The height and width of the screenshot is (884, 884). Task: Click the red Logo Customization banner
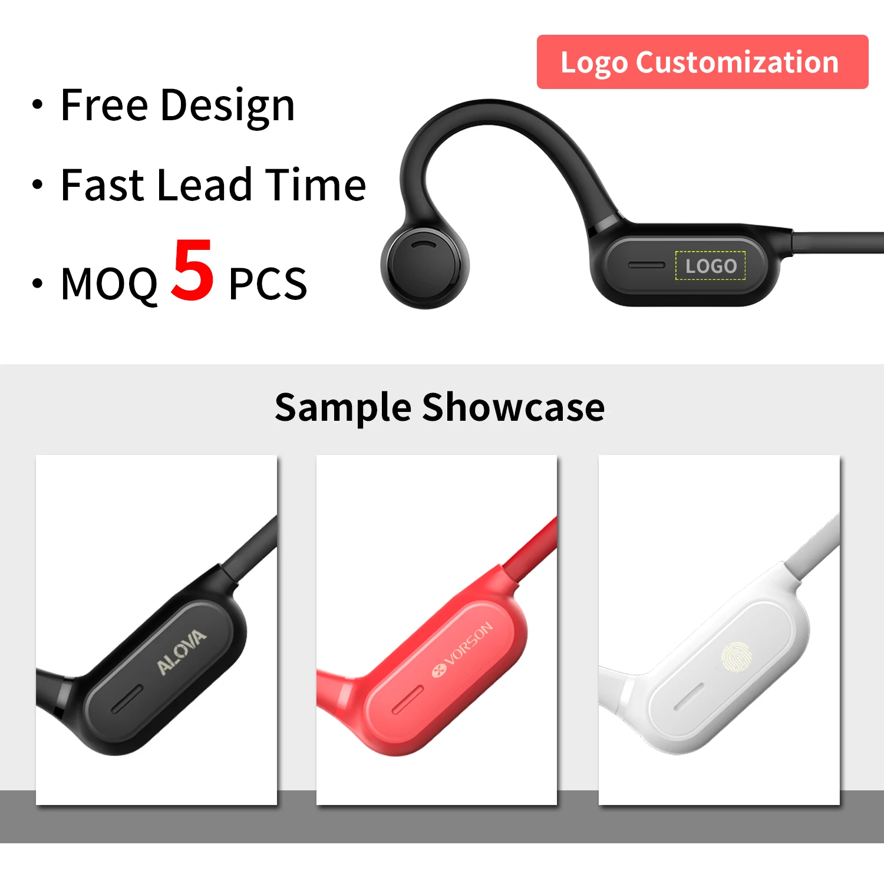tap(702, 62)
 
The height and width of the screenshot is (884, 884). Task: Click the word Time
tap(315, 185)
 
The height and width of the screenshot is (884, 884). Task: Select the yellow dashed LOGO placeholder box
tap(710, 266)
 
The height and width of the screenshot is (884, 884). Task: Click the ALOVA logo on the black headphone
tap(182, 651)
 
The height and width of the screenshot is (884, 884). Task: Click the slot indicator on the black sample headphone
tap(127, 699)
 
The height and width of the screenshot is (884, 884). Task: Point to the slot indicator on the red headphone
tap(408, 700)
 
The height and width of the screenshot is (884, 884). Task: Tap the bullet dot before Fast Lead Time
tap(38, 185)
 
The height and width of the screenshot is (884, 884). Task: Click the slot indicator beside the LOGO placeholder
tap(646, 265)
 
